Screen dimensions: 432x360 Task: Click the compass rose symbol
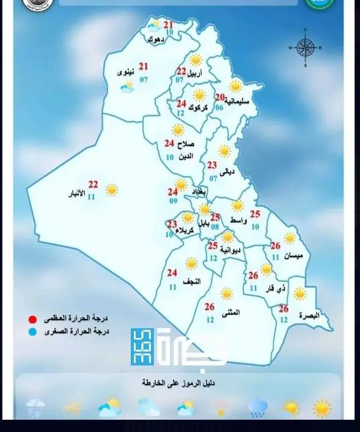[x=305, y=46]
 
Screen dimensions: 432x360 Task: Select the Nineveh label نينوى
[x=126, y=73]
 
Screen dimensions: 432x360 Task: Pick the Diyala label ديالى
[x=226, y=172]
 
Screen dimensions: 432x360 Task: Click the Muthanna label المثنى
[x=230, y=313]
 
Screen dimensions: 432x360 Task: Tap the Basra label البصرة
[x=309, y=315]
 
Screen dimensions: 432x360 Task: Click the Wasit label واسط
[x=237, y=219]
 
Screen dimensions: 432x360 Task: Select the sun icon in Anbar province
[x=111, y=189]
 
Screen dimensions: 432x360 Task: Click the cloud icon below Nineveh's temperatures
[x=128, y=89]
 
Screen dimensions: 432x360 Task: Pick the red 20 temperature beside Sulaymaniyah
[x=220, y=97]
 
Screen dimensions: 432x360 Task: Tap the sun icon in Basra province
[x=299, y=294]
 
